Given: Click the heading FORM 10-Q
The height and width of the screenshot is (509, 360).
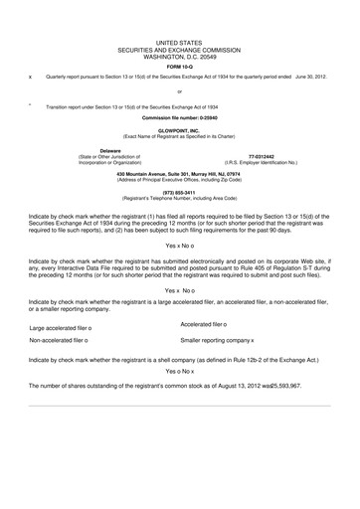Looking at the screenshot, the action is [179, 66].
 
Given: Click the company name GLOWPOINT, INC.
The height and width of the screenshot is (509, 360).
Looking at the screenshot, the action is [179, 130].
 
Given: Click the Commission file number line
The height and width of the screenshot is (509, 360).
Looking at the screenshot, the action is [179, 118].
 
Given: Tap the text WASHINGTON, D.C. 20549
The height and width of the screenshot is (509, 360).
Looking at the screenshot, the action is [179, 56].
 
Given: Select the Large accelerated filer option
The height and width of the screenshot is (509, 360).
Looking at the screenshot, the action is [61, 328].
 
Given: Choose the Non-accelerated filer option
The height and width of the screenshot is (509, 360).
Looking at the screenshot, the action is [59, 340].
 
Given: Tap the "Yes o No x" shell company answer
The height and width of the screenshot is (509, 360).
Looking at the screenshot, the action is [179, 370].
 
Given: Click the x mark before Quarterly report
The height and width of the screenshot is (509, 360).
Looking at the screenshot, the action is [31, 77].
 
